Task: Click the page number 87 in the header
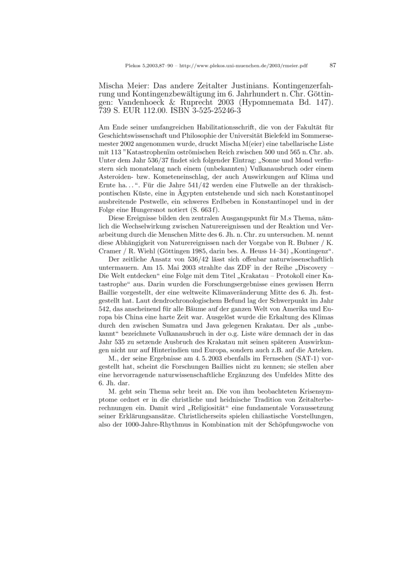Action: point(332,65)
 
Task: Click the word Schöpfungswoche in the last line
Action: point(301,424)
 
